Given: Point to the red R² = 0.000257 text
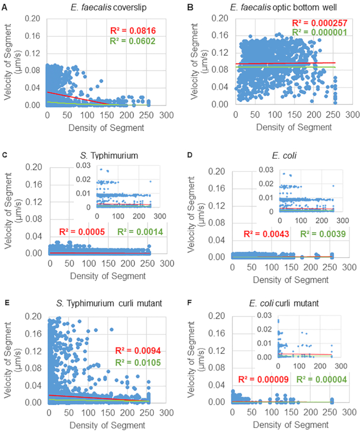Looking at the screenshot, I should point(319,23).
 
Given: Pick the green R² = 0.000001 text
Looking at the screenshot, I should point(319,32).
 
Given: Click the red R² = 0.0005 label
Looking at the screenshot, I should point(82,232).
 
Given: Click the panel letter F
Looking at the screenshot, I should point(186,302).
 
